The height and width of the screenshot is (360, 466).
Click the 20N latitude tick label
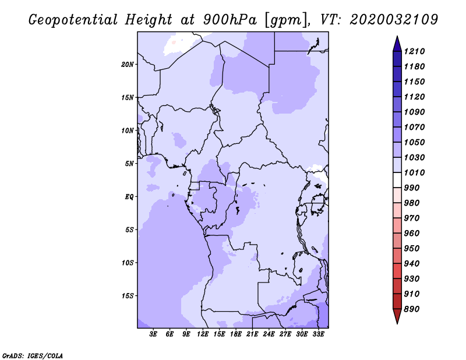[x=128, y=65]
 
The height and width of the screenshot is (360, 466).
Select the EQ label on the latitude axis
[x=129, y=197]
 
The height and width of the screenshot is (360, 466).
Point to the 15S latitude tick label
[x=128, y=296]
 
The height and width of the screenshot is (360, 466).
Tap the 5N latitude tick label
[x=129, y=164]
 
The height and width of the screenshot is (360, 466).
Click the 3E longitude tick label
[x=153, y=334]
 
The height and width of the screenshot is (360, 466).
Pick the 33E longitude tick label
[x=318, y=334]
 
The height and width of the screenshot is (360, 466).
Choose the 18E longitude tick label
[x=236, y=334]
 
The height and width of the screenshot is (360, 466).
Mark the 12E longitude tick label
[x=203, y=334]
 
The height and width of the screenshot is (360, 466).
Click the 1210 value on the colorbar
[x=414, y=51]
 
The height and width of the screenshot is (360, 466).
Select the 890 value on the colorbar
[x=412, y=309]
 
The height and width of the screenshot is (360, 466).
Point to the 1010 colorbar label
[x=414, y=172]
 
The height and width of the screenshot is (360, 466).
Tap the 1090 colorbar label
[x=414, y=112]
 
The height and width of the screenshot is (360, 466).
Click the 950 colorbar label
[x=412, y=249]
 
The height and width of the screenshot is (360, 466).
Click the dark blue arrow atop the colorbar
[x=397, y=45]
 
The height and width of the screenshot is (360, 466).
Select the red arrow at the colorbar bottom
[x=397, y=316]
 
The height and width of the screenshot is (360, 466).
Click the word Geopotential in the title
[x=73, y=20]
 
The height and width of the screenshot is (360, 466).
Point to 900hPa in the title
[x=230, y=20]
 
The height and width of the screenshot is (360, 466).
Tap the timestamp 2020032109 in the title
[x=394, y=20]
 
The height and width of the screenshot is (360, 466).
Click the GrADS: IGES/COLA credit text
[x=33, y=356]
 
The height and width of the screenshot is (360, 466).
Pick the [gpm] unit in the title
[x=287, y=20]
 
